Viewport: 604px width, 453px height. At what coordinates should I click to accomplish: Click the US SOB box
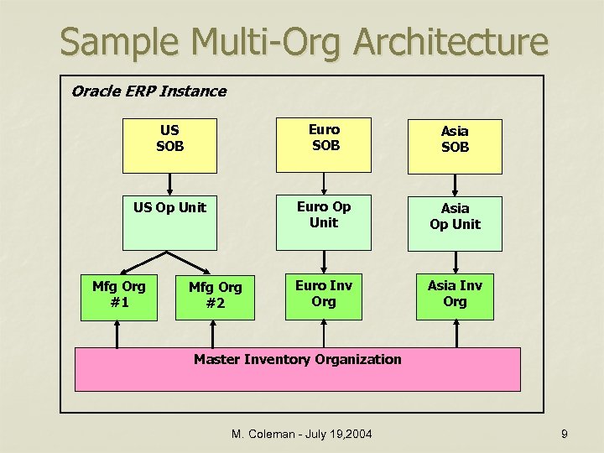coord(170,139)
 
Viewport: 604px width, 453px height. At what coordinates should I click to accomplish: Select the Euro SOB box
coord(324,138)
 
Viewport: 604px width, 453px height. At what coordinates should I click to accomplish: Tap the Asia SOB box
coord(455,139)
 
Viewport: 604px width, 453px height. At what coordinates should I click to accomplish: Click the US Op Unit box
coord(170,222)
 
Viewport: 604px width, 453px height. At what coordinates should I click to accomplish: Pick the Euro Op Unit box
coord(324,222)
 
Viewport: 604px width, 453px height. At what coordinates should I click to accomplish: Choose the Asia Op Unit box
coord(455,223)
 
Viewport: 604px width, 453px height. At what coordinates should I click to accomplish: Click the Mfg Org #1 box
coord(118,295)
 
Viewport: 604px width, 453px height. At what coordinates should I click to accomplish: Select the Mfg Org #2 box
coord(215,295)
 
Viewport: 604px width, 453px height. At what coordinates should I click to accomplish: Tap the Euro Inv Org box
coord(324,294)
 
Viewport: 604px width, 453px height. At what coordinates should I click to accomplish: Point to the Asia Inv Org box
coord(455,295)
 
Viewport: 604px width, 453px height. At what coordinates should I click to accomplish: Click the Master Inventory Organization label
coord(298,360)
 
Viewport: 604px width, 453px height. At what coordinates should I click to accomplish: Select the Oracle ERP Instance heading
coord(148,91)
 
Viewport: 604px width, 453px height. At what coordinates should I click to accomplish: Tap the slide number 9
coord(565,434)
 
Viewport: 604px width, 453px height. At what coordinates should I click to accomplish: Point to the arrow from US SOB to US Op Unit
coord(170,184)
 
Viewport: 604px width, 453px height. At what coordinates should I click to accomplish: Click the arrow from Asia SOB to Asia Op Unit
coord(455,185)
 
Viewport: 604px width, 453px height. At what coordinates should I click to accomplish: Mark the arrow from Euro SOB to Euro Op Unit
coord(324,184)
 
